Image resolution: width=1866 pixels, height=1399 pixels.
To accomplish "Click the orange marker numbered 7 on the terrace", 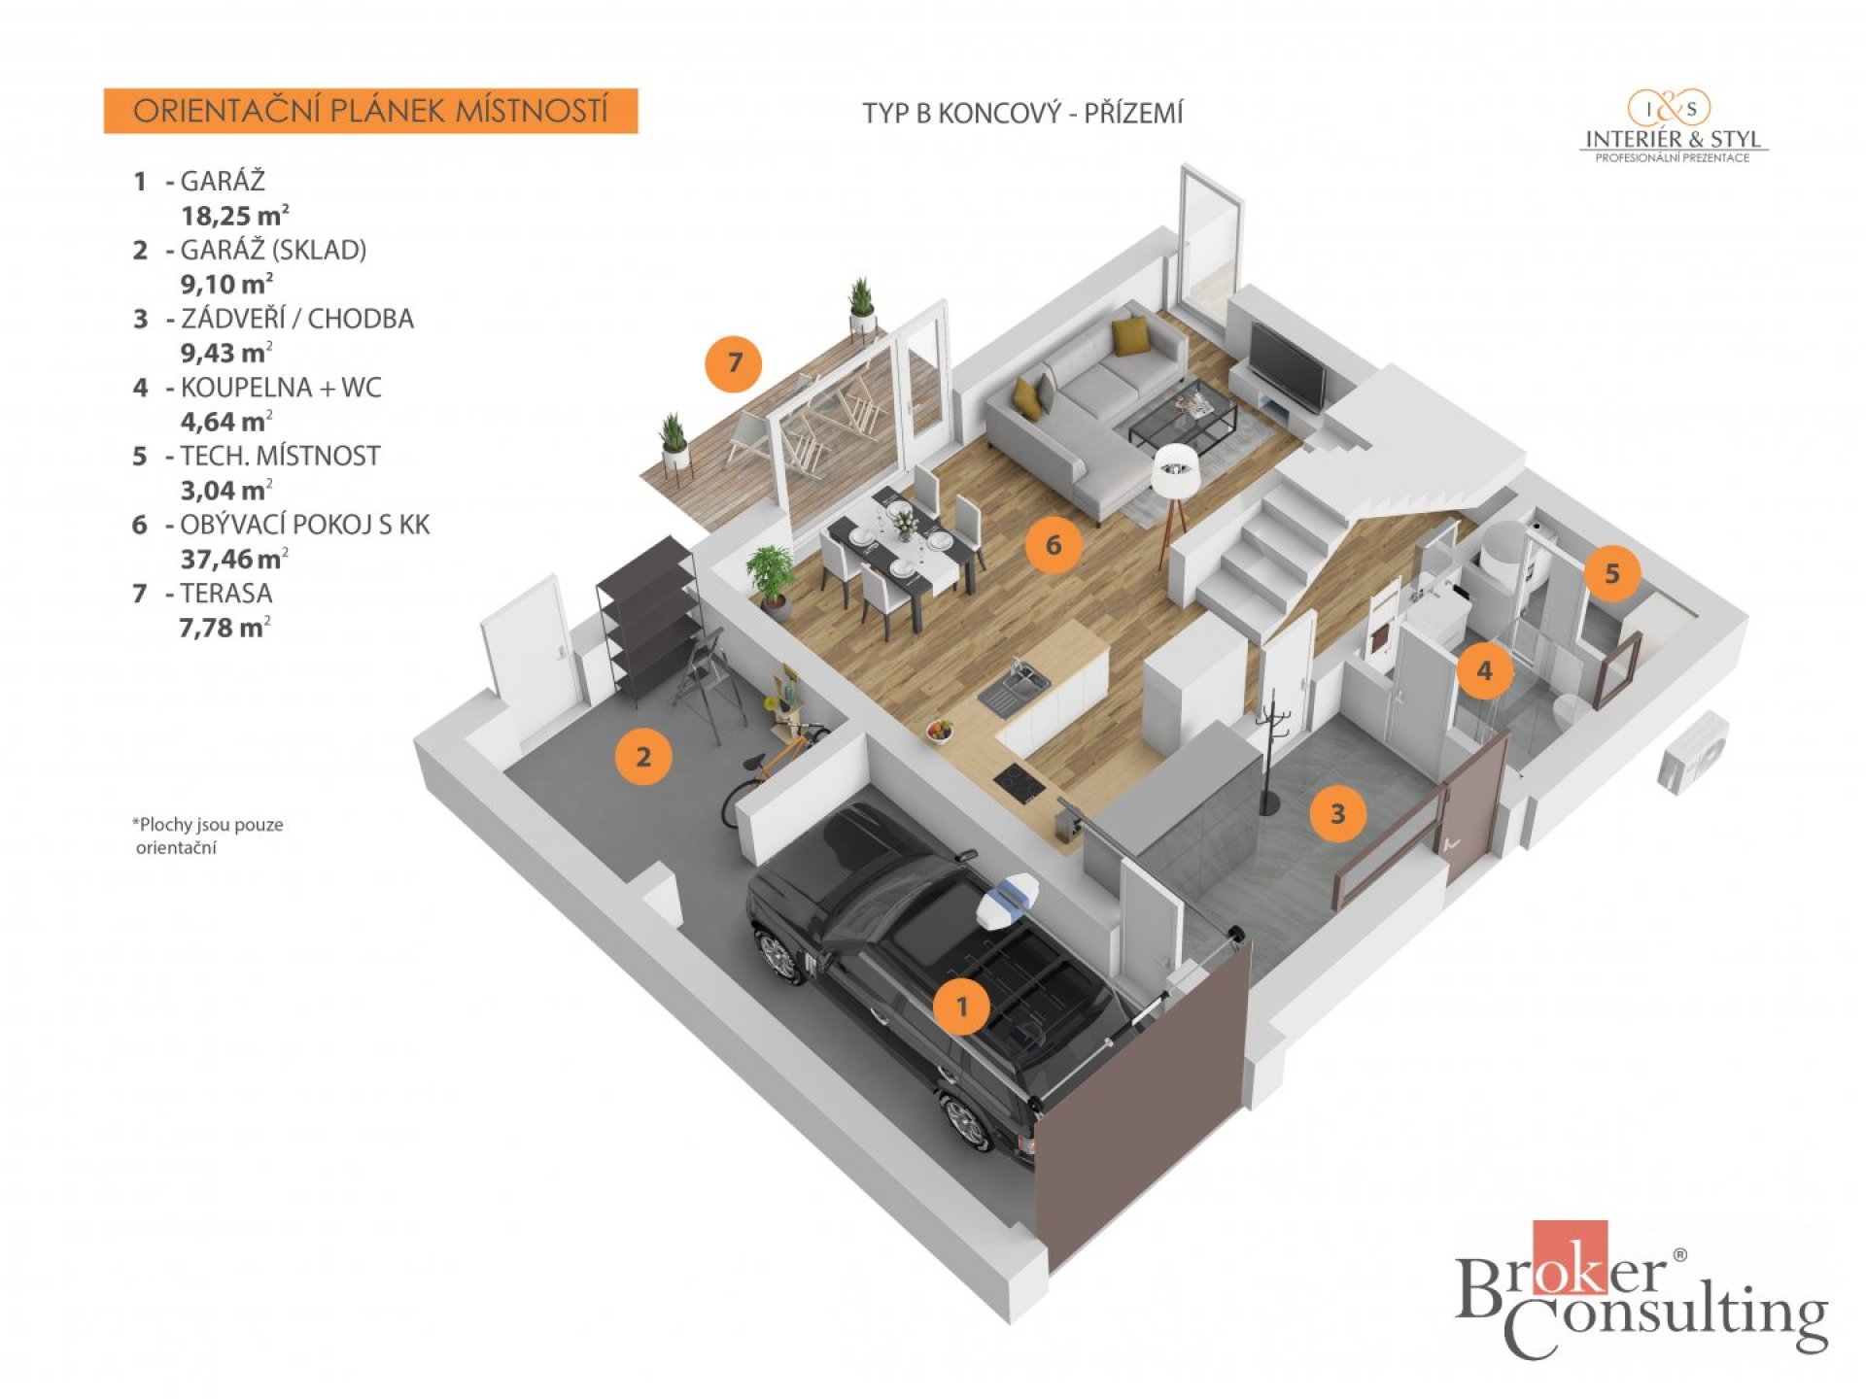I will coord(734,363).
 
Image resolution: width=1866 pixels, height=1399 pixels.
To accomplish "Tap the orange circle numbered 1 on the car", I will coord(962,1006).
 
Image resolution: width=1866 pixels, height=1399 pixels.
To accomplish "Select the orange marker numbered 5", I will coord(1611,573).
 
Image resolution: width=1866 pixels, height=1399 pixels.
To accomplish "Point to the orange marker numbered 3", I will coord(1337,813).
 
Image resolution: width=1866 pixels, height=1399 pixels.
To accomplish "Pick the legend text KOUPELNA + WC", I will coord(280,388).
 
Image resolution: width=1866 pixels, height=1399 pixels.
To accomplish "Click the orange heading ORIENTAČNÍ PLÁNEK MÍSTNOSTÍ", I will coord(370,111).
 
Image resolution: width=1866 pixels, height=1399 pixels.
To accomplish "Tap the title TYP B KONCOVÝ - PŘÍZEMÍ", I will coord(1022,114).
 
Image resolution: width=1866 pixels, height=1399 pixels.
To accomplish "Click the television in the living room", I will coord(1286,366).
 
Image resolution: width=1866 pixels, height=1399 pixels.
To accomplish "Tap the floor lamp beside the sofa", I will coord(1176,495).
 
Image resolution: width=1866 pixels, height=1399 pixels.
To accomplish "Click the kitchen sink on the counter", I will coord(1014,684).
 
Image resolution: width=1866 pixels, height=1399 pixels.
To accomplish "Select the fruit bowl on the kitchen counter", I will coord(939,730).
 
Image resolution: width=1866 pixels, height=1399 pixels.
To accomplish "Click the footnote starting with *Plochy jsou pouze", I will coord(207,836).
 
